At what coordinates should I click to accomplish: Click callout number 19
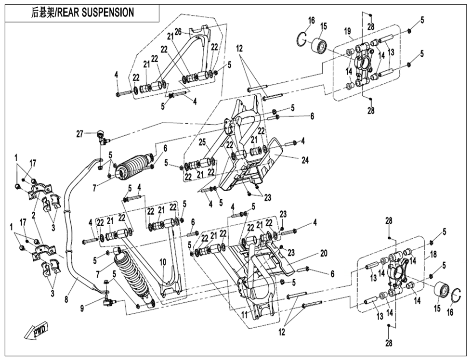pos(347,31)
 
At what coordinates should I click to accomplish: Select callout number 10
pos(162,262)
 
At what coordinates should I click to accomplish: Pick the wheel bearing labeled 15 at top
pos(319,45)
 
